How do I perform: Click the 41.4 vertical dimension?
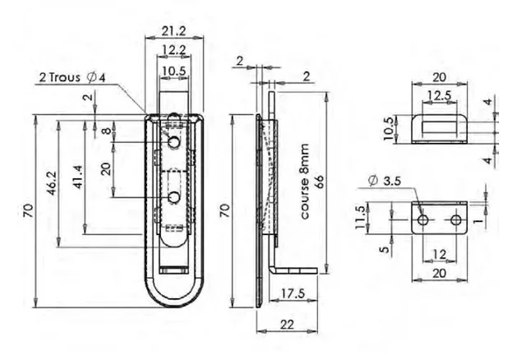[x=78, y=179]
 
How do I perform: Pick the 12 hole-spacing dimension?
[x=441, y=253]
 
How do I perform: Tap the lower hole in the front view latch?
[x=175, y=198]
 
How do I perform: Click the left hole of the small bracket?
[x=423, y=220]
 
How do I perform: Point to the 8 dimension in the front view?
[x=104, y=129]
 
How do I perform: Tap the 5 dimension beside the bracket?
[x=385, y=247]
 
